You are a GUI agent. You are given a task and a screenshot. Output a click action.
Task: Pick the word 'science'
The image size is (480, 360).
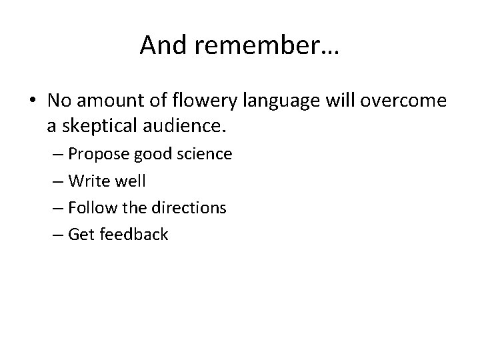pyautogui.click(x=202, y=154)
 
